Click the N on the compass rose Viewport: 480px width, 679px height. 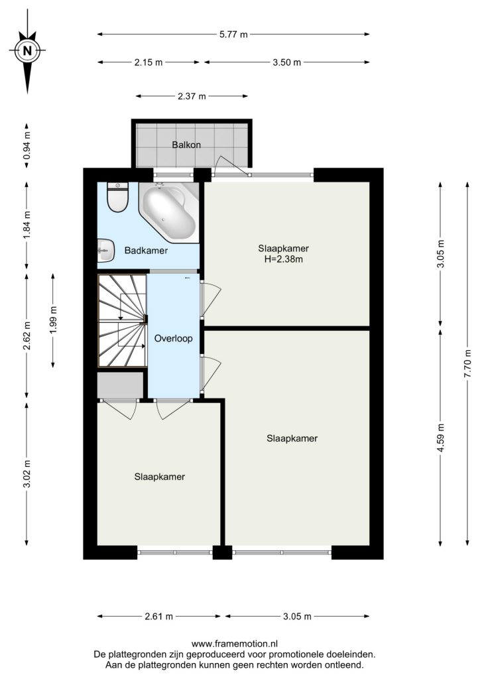(x=28, y=50)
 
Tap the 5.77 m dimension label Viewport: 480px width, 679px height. (x=233, y=34)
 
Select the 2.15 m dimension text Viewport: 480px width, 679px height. (x=148, y=62)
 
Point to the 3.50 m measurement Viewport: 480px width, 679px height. (x=286, y=62)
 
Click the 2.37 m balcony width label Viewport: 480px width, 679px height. (x=192, y=96)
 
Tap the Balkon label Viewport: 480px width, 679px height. (x=186, y=145)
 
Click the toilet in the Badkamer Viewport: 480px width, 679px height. (x=118, y=197)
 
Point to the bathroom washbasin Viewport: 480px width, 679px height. (x=105, y=251)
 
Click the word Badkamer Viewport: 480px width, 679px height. (x=146, y=250)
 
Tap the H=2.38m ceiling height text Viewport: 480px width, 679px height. (x=284, y=259)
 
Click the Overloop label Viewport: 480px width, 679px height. (x=174, y=338)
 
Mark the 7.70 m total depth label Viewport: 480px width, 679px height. (x=467, y=363)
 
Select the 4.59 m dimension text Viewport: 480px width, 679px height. (x=441, y=438)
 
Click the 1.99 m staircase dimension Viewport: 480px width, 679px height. (x=53, y=320)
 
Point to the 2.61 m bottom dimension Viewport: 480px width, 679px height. (x=158, y=616)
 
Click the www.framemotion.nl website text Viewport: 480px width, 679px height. (x=235, y=644)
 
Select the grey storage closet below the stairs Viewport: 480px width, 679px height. (x=120, y=385)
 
